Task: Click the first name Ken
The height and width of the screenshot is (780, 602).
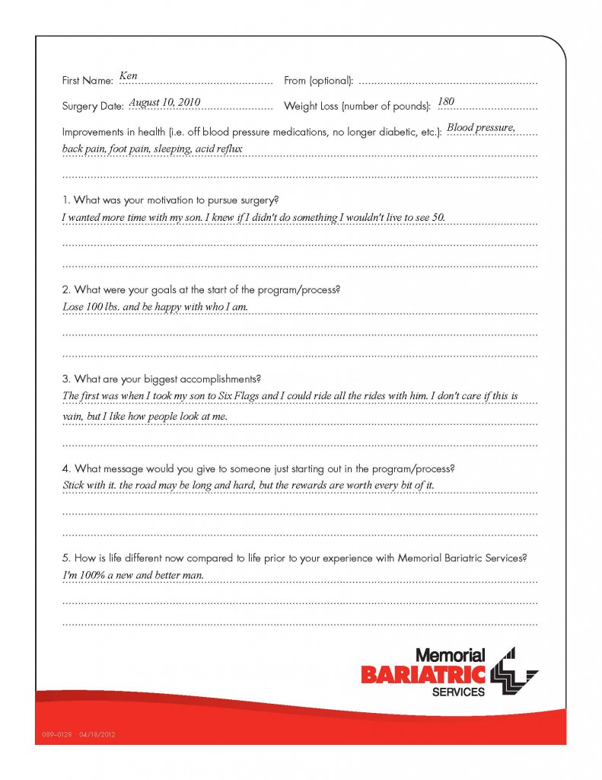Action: pyautogui.click(x=128, y=77)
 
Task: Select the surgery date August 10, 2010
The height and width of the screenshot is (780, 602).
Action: pyautogui.click(x=164, y=102)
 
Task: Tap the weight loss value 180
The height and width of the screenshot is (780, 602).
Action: pyautogui.click(x=446, y=102)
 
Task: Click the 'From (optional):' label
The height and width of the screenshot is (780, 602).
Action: pyautogui.click(x=318, y=81)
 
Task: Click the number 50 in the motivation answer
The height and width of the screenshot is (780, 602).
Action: pyautogui.click(x=438, y=218)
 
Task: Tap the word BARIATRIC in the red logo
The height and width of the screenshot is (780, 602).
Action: pyautogui.click(x=423, y=674)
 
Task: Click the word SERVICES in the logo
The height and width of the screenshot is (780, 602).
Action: pyautogui.click(x=458, y=692)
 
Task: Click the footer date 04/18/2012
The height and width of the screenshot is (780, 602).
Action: pyautogui.click(x=97, y=735)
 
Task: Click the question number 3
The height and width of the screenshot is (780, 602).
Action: pyautogui.click(x=65, y=379)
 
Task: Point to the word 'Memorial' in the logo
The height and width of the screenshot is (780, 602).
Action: pyautogui.click(x=451, y=655)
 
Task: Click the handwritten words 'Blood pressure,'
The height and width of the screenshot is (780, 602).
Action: pyautogui.click(x=481, y=128)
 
